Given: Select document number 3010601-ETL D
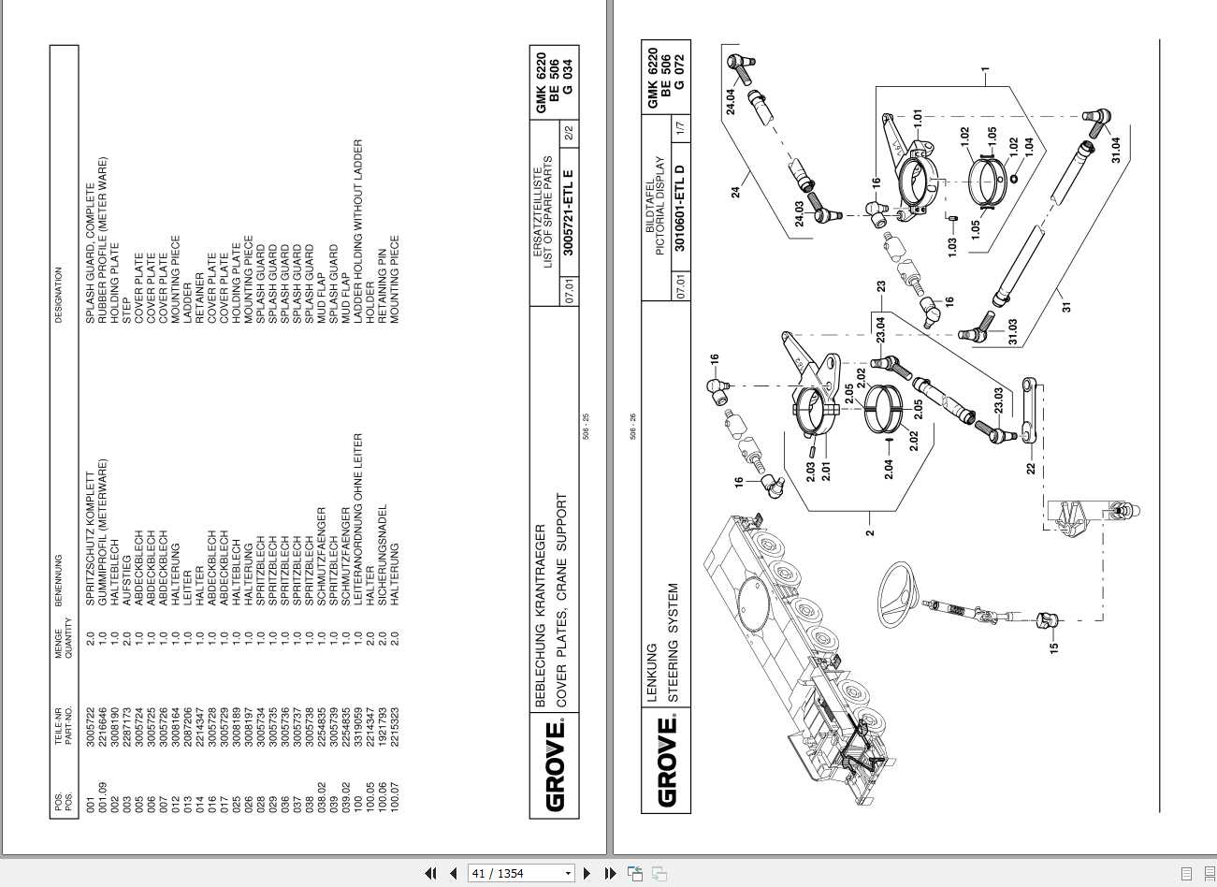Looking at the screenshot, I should [x=680, y=209].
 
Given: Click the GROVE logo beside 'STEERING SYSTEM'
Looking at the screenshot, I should [x=667, y=762].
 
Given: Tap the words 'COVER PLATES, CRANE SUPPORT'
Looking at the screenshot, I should [x=561, y=599].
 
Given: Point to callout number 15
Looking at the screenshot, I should [x=1053, y=646].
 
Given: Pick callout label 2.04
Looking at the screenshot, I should [x=889, y=468].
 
